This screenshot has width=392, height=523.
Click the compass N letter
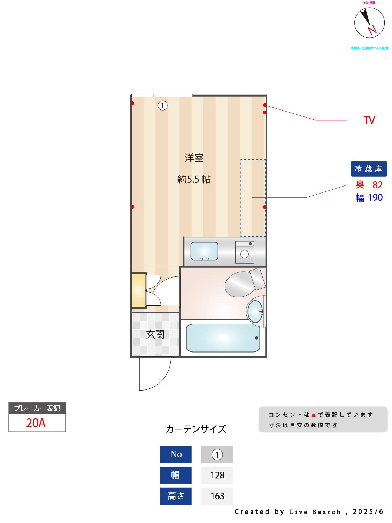372,30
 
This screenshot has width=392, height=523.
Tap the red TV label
369,121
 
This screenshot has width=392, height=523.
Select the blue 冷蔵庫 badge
369,169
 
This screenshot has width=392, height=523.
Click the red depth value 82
377,185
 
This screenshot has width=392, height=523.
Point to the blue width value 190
375,198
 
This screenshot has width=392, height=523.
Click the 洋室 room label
194,158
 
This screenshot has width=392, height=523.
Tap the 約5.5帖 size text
194,179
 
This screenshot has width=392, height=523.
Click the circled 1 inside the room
162,105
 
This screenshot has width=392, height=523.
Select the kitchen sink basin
205,251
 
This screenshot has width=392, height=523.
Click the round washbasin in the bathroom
255,311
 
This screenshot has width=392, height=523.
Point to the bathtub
223,338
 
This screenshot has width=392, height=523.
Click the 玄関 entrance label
155,334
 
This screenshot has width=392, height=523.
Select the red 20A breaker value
36,423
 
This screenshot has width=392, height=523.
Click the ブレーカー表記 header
37,408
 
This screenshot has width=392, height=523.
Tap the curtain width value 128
217,475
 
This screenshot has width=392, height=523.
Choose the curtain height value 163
217,496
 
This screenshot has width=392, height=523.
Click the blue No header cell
176,454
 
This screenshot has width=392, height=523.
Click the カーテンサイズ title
196,429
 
